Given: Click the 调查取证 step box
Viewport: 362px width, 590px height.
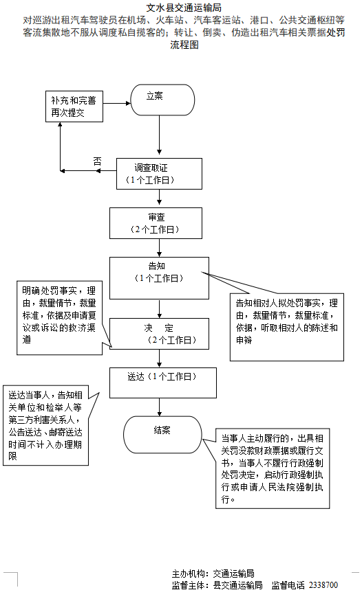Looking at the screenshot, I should click(x=159, y=174).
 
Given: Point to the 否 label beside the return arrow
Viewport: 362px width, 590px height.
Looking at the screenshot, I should click(x=98, y=161).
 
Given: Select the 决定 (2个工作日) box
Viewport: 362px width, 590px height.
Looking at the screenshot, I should click(x=159, y=334).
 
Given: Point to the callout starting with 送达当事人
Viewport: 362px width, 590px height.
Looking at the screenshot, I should click(x=47, y=425).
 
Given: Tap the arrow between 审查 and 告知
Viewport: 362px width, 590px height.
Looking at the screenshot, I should click(x=159, y=247).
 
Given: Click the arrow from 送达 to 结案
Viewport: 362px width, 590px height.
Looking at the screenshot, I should click(x=159, y=407).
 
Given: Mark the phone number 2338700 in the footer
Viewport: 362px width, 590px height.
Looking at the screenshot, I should click(x=323, y=585).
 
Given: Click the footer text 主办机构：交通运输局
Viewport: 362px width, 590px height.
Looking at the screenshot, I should click(x=213, y=573).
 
